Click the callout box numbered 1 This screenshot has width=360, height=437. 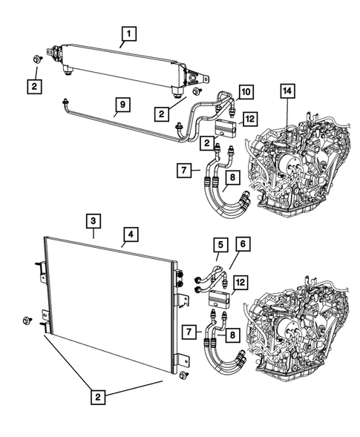click(128, 33)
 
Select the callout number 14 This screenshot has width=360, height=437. click(287, 92)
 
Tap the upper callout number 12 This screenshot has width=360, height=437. click(250, 119)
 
